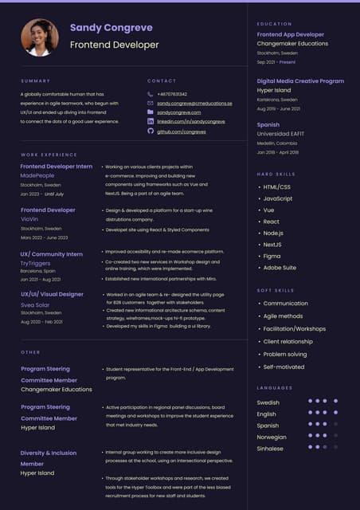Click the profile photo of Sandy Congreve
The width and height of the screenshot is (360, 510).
(40, 37)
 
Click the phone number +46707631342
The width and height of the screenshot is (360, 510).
(172, 94)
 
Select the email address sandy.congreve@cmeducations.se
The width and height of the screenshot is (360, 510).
(194, 104)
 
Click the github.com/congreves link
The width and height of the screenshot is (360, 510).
(182, 131)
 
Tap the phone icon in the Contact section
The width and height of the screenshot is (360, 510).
(150, 94)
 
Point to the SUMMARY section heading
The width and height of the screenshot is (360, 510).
(35, 80)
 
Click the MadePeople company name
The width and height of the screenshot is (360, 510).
(37, 175)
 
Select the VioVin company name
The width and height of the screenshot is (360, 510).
(29, 219)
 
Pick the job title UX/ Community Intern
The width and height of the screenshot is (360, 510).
(52, 254)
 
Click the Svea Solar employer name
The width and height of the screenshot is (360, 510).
(35, 304)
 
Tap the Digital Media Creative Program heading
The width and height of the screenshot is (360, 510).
(300, 81)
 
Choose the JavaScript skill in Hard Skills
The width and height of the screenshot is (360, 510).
(277, 198)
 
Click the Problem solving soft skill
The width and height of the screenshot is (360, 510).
(284, 355)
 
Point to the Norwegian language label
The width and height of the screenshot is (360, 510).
(272, 437)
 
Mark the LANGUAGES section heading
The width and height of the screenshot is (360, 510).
(275, 388)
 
